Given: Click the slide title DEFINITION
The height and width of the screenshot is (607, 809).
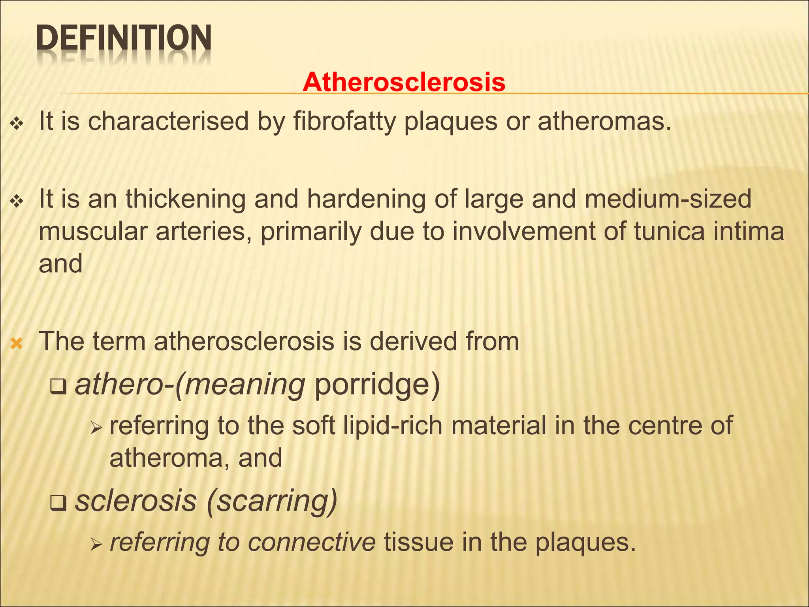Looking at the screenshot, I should coord(124,39).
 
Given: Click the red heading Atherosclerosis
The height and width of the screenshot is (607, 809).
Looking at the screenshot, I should coord(404,82).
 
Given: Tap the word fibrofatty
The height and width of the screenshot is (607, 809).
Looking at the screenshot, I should coord(344,121).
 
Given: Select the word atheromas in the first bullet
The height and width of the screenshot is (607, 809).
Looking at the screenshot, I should coord(604,121).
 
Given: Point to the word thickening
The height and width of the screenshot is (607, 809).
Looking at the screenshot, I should coord(186,199).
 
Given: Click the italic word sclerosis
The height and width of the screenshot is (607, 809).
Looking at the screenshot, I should coord(136,501).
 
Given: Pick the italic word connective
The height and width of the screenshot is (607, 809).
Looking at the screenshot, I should coord(312,542).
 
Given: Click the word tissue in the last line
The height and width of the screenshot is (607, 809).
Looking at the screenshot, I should coord(418,542).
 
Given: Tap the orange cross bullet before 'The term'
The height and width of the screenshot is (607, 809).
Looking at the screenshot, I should coord(17,343).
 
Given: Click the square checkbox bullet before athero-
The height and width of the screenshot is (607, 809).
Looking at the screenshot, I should coord(58,387).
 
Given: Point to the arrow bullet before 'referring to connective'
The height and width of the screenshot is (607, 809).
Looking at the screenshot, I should coord(96,545).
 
